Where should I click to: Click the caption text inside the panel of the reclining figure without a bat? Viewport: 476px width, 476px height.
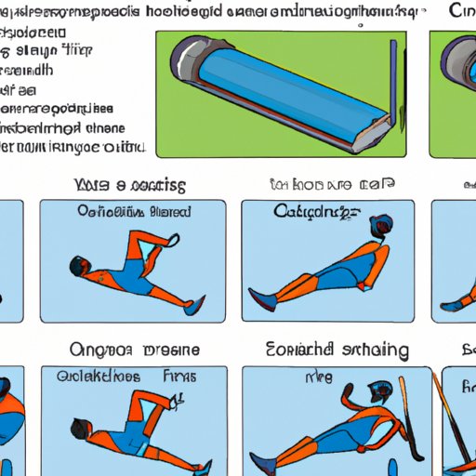click(313, 212)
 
